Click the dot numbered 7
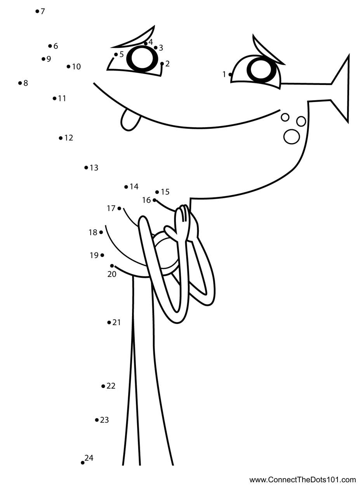pos(37,12)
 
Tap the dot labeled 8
pos(20,83)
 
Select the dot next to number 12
pos(61,138)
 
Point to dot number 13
pos(86,168)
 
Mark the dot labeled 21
pos(109,322)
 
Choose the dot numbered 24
pos(83,462)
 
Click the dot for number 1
pos(230,74)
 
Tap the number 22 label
pos(111,386)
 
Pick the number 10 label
pos(76,67)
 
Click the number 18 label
pos(93,233)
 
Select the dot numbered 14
pos(126,187)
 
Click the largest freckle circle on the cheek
pos(292,136)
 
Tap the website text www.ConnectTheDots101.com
pos(303,480)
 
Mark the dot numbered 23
pos(97,420)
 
